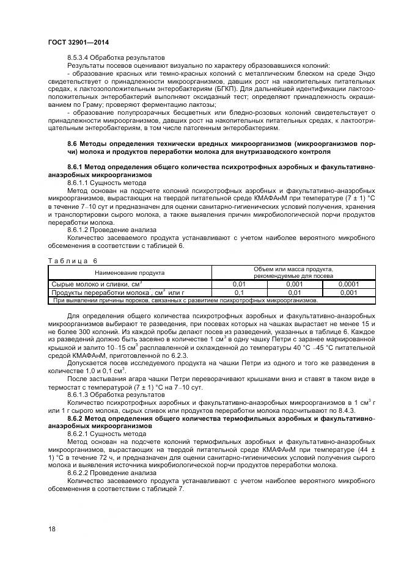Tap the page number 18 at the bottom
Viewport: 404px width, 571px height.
point(51,529)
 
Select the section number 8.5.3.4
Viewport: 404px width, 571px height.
point(81,56)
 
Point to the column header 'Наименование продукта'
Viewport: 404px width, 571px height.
point(129,272)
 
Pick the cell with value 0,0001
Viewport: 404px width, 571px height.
point(349,284)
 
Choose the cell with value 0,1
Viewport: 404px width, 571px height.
point(239,292)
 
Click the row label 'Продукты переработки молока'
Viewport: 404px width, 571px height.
point(100,292)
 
